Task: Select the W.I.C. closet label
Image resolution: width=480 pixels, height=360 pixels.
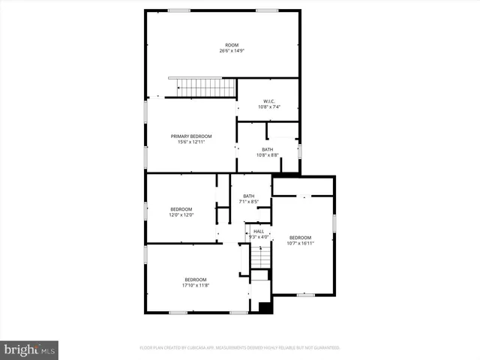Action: [x=268, y=101]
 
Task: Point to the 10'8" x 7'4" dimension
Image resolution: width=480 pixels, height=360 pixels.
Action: [x=268, y=107]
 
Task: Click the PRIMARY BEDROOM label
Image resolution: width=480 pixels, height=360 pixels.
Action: [x=190, y=136]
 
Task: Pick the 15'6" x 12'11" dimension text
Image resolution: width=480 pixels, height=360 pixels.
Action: [x=190, y=142]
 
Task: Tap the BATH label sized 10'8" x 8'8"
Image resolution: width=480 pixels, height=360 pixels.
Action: [x=268, y=149]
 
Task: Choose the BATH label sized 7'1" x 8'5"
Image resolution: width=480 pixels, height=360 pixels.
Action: [x=248, y=196]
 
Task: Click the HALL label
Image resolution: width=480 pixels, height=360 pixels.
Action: [x=258, y=231]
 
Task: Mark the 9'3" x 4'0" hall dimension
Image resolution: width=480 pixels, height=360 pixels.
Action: [x=258, y=237]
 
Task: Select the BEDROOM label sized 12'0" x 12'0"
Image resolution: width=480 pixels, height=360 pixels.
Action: [x=181, y=208]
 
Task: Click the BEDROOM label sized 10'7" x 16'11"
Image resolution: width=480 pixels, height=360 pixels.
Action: [x=300, y=237]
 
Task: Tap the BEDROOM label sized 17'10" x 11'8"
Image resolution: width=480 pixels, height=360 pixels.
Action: [x=196, y=280]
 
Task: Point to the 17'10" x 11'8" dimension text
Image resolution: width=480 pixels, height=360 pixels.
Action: [x=196, y=286]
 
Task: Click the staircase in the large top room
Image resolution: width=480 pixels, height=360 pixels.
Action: [x=202, y=87]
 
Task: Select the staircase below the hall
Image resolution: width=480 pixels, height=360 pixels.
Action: [x=259, y=257]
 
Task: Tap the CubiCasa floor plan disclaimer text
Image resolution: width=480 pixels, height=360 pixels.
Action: [x=240, y=348]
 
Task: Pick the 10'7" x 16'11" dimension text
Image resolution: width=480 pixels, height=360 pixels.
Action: [x=300, y=243]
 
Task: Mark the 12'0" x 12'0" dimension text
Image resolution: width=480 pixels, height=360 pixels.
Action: [x=181, y=214]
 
